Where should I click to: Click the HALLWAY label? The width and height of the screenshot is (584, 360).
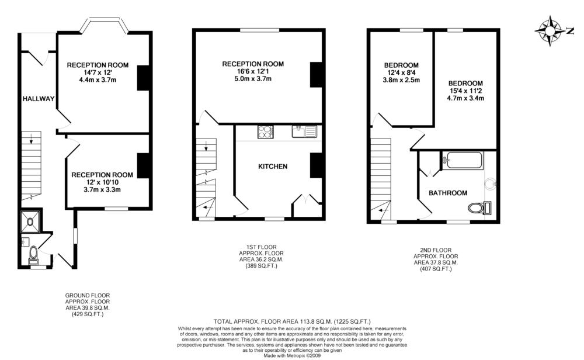39,99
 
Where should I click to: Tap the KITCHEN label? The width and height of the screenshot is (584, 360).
273,166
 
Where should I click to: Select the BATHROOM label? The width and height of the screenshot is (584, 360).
448,193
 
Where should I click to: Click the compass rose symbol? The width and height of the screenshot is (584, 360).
550,30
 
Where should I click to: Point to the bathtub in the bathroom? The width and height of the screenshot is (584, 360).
462,160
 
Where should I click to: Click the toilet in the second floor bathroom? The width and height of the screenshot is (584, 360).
479,207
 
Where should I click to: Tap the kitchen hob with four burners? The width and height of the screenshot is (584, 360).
265,132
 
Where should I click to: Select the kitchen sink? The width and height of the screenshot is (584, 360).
304,131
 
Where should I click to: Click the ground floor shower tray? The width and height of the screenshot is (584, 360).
30,221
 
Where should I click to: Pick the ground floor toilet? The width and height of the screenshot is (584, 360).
33,254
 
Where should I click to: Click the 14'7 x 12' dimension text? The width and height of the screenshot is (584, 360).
98,72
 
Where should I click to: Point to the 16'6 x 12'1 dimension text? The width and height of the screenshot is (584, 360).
253,71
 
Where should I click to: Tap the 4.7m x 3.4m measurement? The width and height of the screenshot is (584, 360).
465,98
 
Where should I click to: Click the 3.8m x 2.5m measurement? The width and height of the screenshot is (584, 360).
401,79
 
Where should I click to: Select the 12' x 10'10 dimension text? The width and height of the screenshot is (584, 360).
102,182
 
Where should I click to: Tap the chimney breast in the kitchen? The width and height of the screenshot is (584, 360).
316,165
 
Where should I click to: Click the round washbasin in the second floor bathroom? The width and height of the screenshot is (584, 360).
490,184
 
